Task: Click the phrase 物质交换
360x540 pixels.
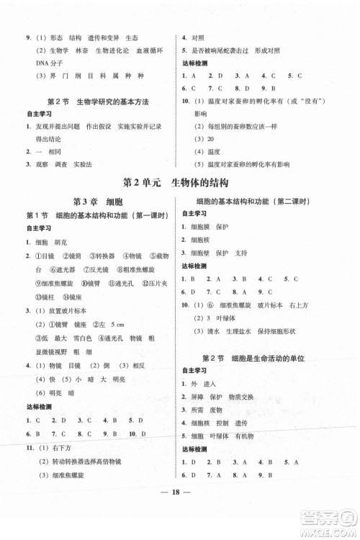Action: click(x=257, y=397)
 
